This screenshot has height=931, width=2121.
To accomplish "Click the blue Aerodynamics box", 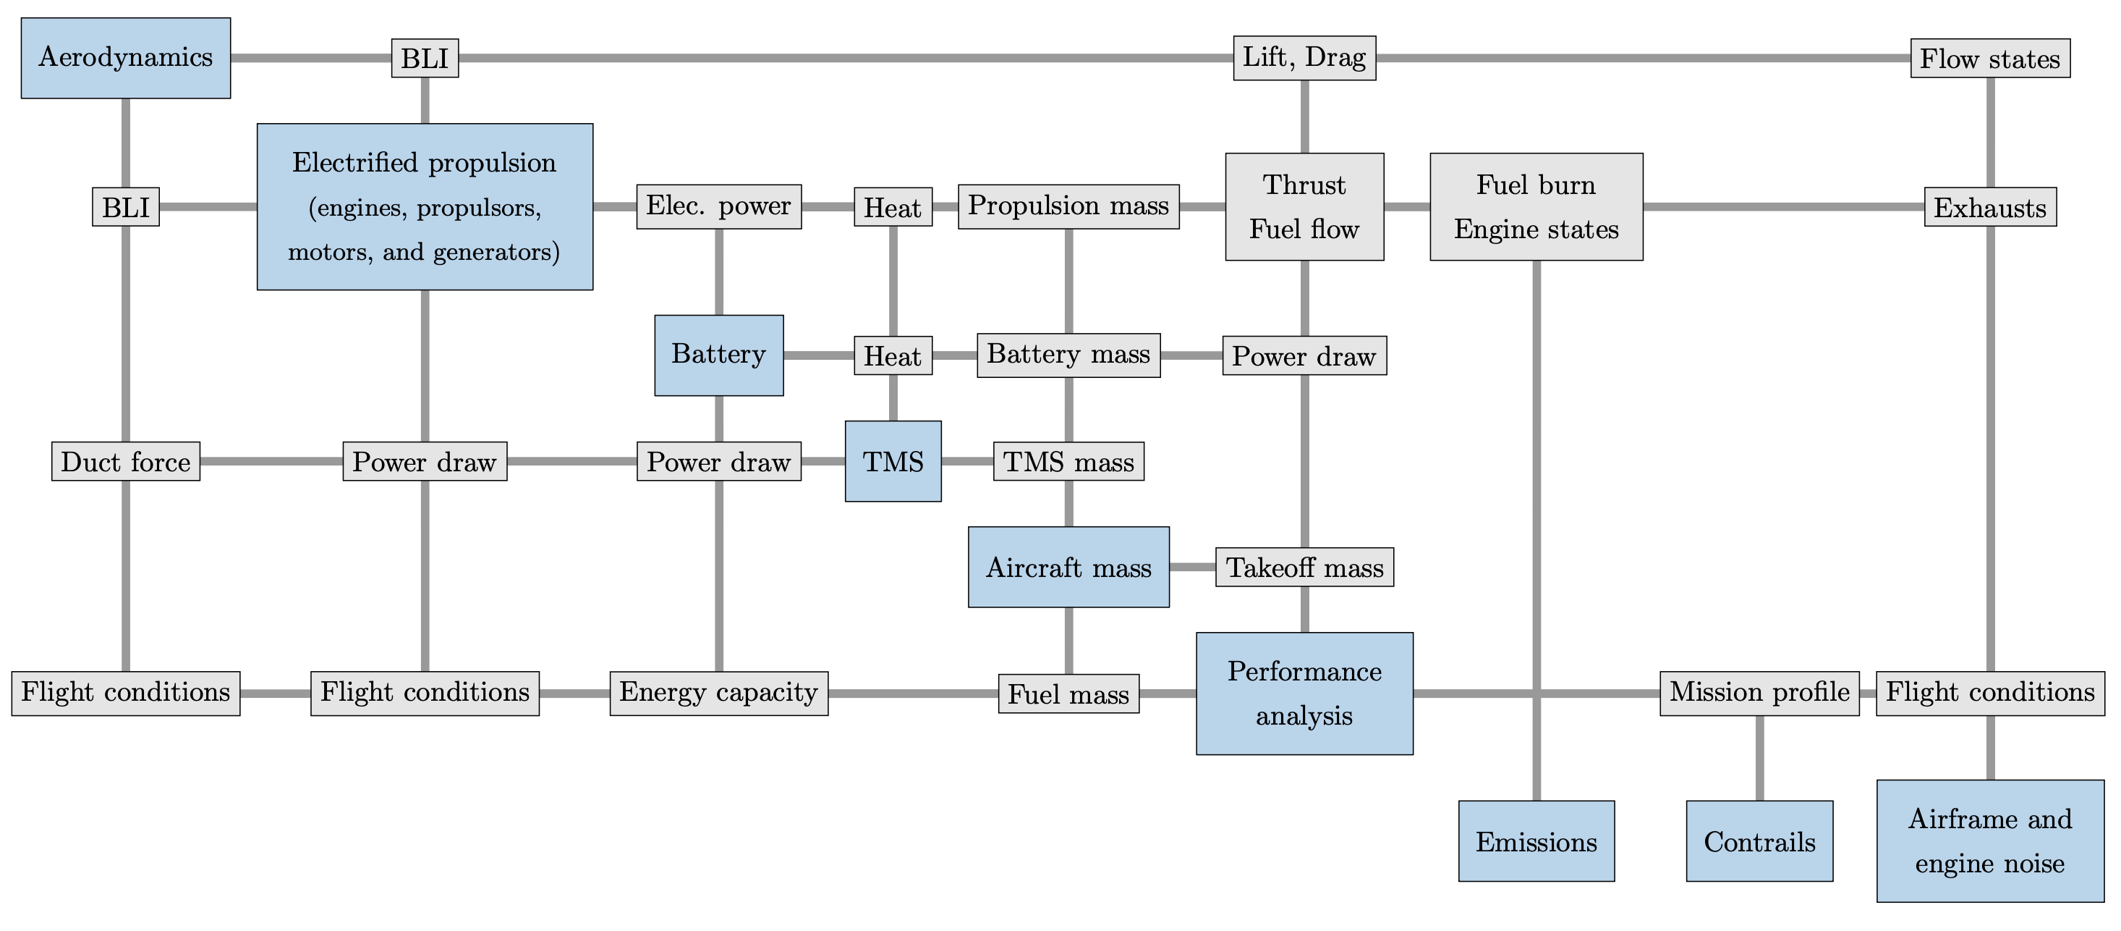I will pyautogui.click(x=126, y=58).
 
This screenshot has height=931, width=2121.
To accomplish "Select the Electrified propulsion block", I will pyautogui.click(x=425, y=206).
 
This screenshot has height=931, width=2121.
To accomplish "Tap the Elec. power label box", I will pyautogui.click(x=719, y=206).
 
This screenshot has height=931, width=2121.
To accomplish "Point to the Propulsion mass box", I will pyautogui.click(x=1068, y=206).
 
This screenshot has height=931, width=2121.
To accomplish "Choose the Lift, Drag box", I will pyautogui.click(x=1304, y=58).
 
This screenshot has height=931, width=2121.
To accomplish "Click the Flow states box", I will pyautogui.click(x=1989, y=59).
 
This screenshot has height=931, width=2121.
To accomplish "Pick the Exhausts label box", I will pyautogui.click(x=1989, y=207).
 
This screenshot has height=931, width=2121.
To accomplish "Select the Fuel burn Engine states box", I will pyautogui.click(x=1536, y=206).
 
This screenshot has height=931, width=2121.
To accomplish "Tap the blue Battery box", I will pyautogui.click(x=719, y=355).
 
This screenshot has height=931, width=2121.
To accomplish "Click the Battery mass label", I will pyautogui.click(x=1068, y=355).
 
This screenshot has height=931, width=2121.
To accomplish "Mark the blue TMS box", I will pyautogui.click(x=893, y=461).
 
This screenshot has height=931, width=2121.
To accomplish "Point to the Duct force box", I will pyautogui.click(x=126, y=461).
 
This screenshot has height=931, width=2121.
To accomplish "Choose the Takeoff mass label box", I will pyautogui.click(x=1304, y=567).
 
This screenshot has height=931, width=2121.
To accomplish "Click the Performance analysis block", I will pyautogui.click(x=1304, y=693).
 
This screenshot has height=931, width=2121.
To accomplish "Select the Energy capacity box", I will pyautogui.click(x=719, y=693).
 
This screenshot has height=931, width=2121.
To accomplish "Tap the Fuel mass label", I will pyautogui.click(x=1068, y=694).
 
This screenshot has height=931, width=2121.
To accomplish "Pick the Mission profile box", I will pyautogui.click(x=1759, y=693).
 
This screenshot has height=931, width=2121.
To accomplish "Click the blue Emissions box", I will pyautogui.click(x=1536, y=841).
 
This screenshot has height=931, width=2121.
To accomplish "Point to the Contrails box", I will pyautogui.click(x=1759, y=841).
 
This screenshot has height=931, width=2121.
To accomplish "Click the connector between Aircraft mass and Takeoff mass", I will pyautogui.click(x=1192, y=567).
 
